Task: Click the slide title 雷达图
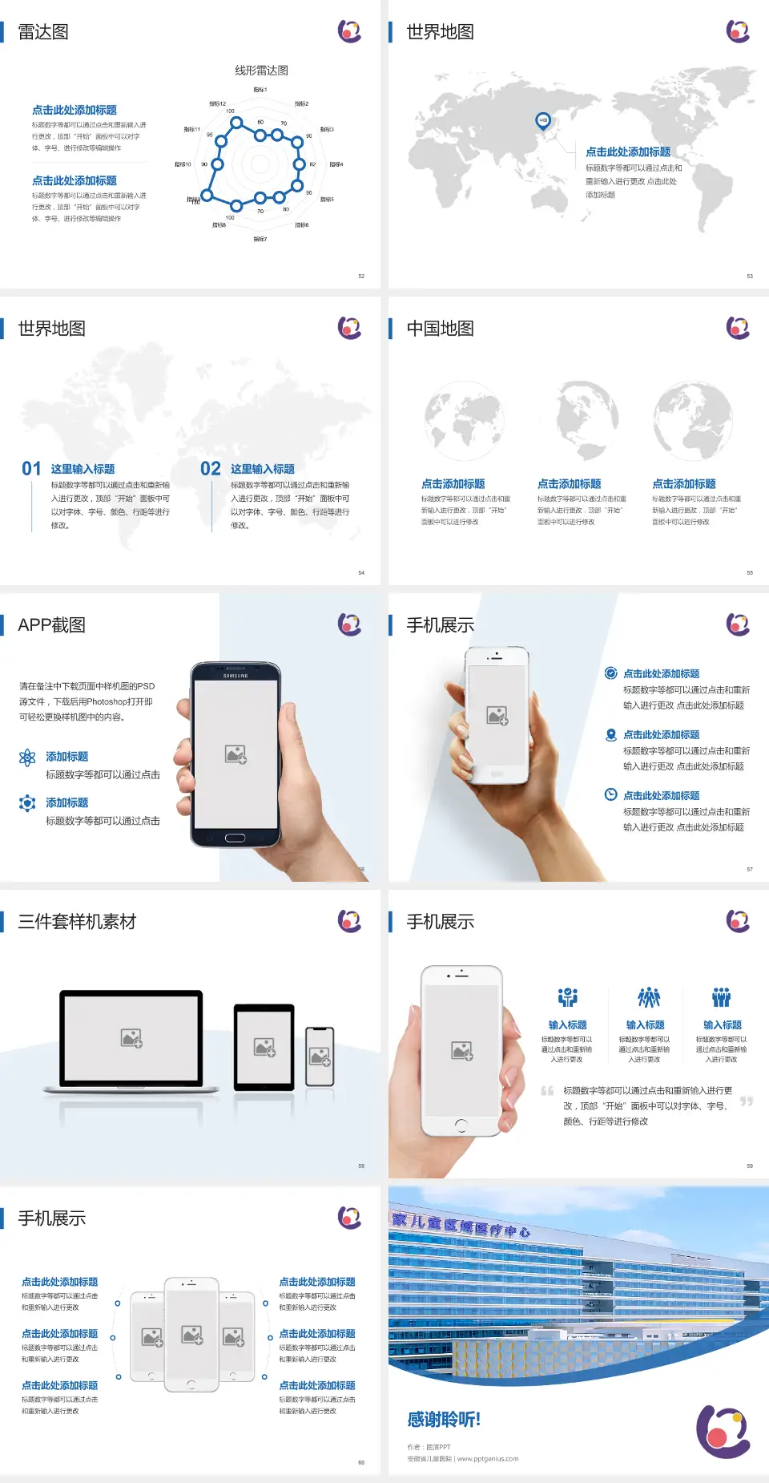[x=43, y=32]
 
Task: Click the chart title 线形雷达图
[x=261, y=71]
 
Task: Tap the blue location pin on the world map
[x=543, y=121]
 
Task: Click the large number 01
[x=31, y=468]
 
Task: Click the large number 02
[x=211, y=468]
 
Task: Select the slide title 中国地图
[x=440, y=329]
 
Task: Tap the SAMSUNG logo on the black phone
[x=236, y=676]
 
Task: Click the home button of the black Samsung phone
[x=235, y=838]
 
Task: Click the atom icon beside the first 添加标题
[x=27, y=758]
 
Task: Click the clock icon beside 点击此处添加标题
[x=610, y=794]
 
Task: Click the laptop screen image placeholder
[x=131, y=1038]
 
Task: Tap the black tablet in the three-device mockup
[x=264, y=1046]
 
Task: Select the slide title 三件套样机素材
[x=77, y=922]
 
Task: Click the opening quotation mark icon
[x=547, y=1091]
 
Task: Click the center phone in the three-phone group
[x=191, y=1335]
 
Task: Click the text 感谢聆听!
[x=444, y=1420]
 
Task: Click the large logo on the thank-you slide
[x=723, y=1431]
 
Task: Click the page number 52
[x=361, y=276]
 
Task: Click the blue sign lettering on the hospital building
[x=461, y=1225]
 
